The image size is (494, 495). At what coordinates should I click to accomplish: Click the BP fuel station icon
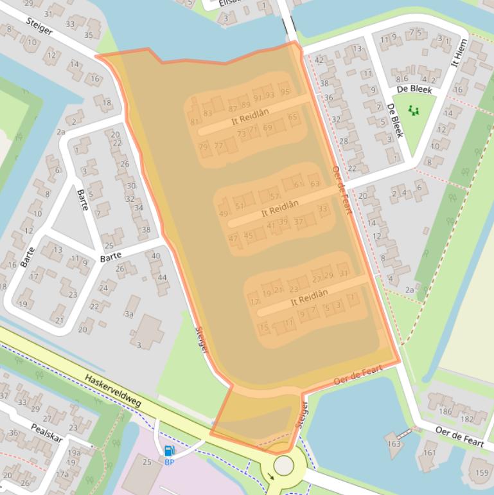coord(169,451)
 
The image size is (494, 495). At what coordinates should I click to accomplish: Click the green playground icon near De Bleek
coord(413,111)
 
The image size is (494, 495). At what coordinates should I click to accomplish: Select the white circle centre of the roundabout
coord(283,465)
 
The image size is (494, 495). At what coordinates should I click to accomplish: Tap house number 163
coord(394,444)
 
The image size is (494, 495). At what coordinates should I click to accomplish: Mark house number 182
coord(467,419)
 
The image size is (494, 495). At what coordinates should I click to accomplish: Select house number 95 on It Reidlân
coord(285,92)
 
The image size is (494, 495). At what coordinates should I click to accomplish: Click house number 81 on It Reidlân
coord(194,122)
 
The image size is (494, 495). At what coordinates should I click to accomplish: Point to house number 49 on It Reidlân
coord(224,213)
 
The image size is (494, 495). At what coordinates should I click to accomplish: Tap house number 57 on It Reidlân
coord(275,196)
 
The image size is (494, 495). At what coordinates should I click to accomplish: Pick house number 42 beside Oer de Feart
coord(319,60)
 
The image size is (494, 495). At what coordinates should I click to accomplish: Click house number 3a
coord(129,314)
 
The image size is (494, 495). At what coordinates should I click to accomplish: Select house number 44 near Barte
coord(162,278)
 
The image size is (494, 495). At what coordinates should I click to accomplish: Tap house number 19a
coord(75,453)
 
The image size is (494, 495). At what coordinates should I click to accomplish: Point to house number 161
coord(429,453)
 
